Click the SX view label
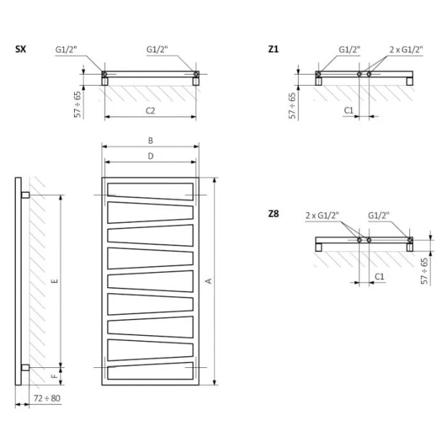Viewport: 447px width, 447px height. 20,49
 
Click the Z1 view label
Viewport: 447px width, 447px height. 273,49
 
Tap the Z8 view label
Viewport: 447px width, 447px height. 274,213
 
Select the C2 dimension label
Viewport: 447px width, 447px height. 150,110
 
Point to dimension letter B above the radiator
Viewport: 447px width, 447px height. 150,140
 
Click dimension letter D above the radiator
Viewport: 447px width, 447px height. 150,156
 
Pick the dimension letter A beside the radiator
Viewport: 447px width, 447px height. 209,281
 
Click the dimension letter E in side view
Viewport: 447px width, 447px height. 55,281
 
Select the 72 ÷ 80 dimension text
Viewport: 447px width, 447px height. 47,398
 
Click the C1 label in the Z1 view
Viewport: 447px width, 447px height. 348,110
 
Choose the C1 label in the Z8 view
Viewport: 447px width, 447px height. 379,276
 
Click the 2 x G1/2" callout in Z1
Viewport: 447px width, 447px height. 406,49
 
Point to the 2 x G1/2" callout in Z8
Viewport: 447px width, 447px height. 322,216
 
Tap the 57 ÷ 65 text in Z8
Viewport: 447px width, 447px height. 425,271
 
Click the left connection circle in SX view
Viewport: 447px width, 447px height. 104,74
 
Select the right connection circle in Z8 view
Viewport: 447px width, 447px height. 410,240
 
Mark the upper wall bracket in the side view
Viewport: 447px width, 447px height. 25,195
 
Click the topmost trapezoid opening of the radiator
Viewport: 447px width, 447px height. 150,192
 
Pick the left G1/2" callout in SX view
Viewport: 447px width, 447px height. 66,49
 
